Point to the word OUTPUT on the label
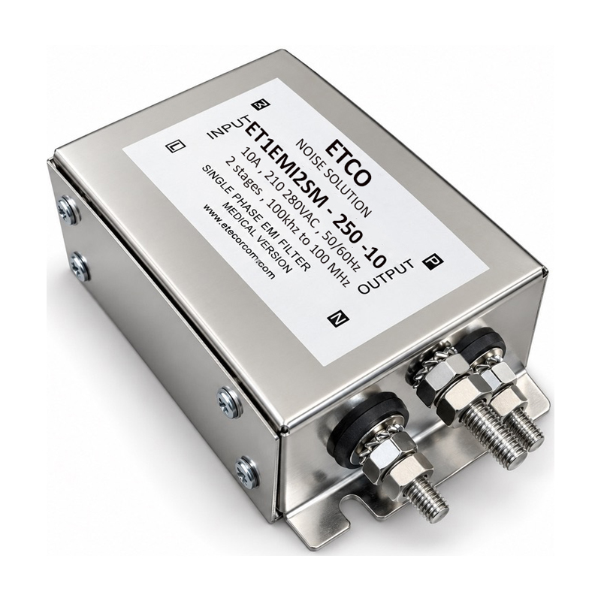pyautogui.click(x=386, y=276)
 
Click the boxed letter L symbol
pyautogui.click(x=176, y=146)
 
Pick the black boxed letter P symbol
pyautogui.click(x=433, y=261)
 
